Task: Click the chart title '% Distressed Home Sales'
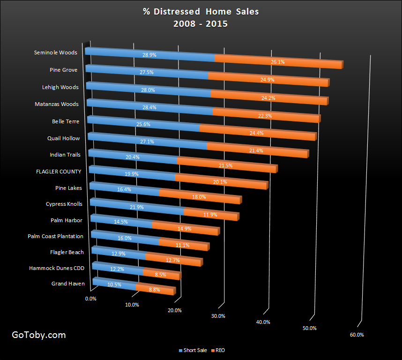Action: click(201, 11)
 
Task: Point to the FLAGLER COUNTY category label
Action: click(59, 172)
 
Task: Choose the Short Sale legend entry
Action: click(193, 350)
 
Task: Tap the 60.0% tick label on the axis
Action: click(357, 335)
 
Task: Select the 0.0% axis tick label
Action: click(90, 299)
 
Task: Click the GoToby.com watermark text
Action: click(38, 335)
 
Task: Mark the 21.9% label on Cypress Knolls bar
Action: click(137, 207)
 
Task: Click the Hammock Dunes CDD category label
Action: click(57, 268)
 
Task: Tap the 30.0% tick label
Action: click(218, 316)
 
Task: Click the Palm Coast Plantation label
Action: click(55, 236)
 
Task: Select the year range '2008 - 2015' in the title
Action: click(201, 23)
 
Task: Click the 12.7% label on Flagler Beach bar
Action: click(173, 260)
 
